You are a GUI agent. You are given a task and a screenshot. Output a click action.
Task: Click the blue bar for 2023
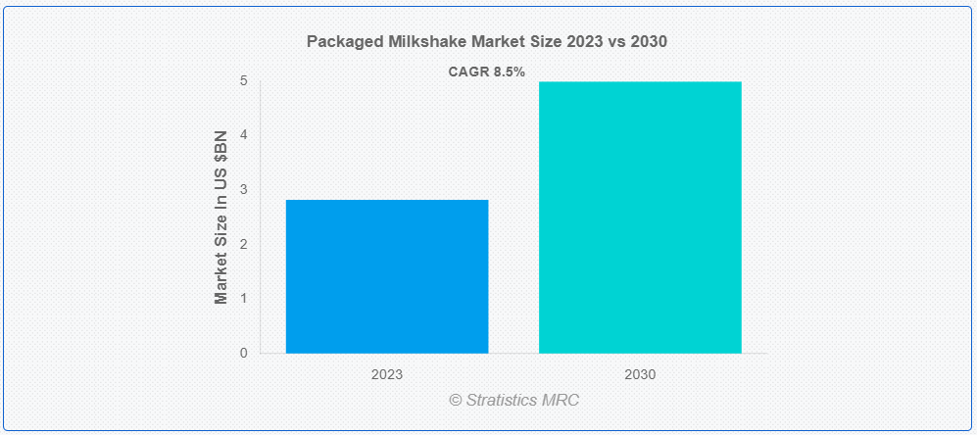pos(387,276)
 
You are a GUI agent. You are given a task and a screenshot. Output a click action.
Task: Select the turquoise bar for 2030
pos(640,217)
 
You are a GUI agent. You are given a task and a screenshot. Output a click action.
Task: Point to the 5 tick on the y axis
pos(244,80)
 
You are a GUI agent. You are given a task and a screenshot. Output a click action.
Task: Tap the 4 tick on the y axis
pos(244,135)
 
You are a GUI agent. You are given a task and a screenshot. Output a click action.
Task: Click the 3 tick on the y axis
pos(244,189)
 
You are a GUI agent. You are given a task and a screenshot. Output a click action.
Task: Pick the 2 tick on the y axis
pos(244,244)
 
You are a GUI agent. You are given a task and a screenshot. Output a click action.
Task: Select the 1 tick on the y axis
pos(244,298)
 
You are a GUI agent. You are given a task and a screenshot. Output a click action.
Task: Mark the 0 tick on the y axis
pos(244,353)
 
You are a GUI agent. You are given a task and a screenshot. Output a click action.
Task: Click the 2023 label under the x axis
pos(387,374)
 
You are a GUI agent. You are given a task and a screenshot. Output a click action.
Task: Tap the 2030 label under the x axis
pos(640,374)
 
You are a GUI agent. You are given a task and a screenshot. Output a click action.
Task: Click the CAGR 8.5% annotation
pos(487,72)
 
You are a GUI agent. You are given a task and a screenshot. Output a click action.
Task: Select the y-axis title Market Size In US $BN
pos(221,217)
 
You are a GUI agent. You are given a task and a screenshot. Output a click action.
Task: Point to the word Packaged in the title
pos(341,42)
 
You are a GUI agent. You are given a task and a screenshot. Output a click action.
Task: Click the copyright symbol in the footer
pos(455,400)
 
